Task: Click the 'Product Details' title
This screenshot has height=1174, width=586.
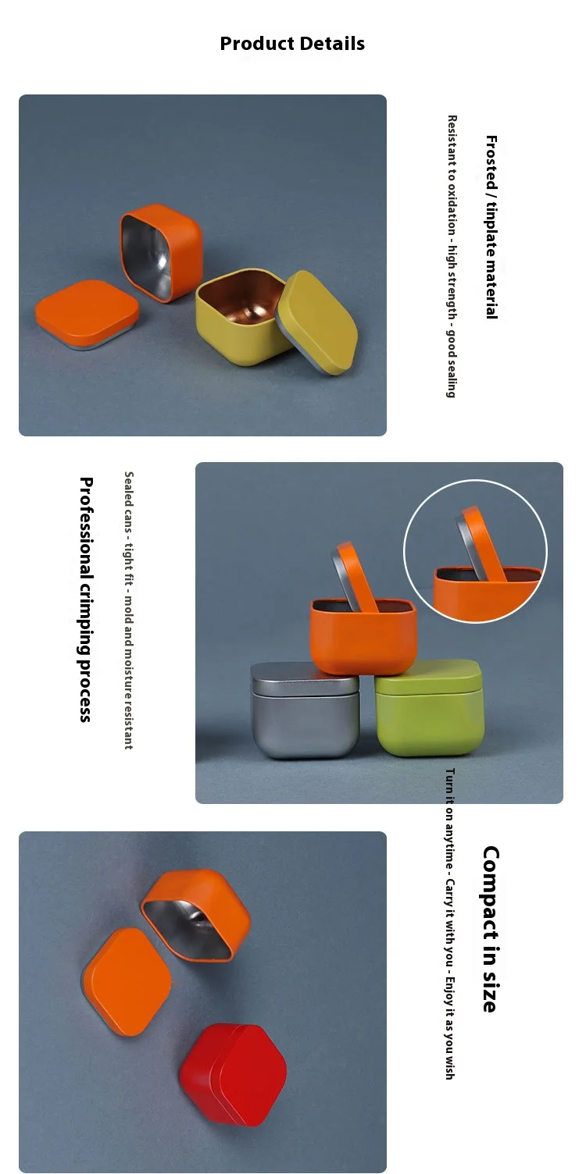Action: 292,44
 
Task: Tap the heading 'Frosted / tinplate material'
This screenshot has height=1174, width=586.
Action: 491,227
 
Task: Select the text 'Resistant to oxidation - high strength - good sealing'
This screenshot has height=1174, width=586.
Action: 452,256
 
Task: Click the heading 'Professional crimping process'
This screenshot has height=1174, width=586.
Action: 86,599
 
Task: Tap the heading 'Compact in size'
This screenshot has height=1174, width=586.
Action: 491,929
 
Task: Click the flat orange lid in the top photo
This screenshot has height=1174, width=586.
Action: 87,314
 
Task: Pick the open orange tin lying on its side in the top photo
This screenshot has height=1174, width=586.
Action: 161,253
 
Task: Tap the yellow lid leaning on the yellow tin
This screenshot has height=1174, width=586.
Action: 317,322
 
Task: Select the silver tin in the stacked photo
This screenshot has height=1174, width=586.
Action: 305,710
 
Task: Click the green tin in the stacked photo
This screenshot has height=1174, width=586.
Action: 430,707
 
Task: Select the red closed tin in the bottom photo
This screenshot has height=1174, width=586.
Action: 233,1074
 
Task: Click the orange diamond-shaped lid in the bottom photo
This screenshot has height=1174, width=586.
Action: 127,982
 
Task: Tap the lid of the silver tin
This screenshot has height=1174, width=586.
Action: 305,679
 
